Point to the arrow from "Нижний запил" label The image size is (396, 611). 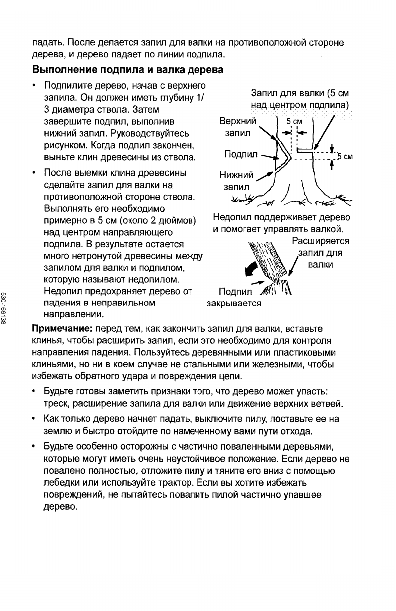coord(267,175)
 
